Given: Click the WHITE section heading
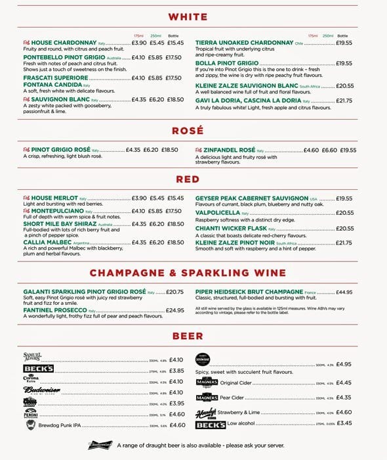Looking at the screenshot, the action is point(188,17).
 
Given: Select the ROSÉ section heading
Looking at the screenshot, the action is point(188,131).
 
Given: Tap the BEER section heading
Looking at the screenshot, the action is point(188,336).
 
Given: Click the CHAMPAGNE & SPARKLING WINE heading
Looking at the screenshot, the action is point(188,273).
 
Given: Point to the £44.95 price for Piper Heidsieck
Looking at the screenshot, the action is point(344,292).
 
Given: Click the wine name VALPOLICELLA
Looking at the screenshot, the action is point(218,213).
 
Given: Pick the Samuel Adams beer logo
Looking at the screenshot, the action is point(33,357).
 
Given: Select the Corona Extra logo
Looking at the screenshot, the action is point(31,380).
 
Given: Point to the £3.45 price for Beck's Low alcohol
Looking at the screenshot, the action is point(344,423).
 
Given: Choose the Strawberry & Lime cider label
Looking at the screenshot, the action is point(244,412).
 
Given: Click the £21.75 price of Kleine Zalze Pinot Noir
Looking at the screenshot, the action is point(344,243).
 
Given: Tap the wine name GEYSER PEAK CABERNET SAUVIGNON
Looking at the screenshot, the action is point(251,198).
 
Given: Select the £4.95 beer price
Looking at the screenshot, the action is point(344,364).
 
